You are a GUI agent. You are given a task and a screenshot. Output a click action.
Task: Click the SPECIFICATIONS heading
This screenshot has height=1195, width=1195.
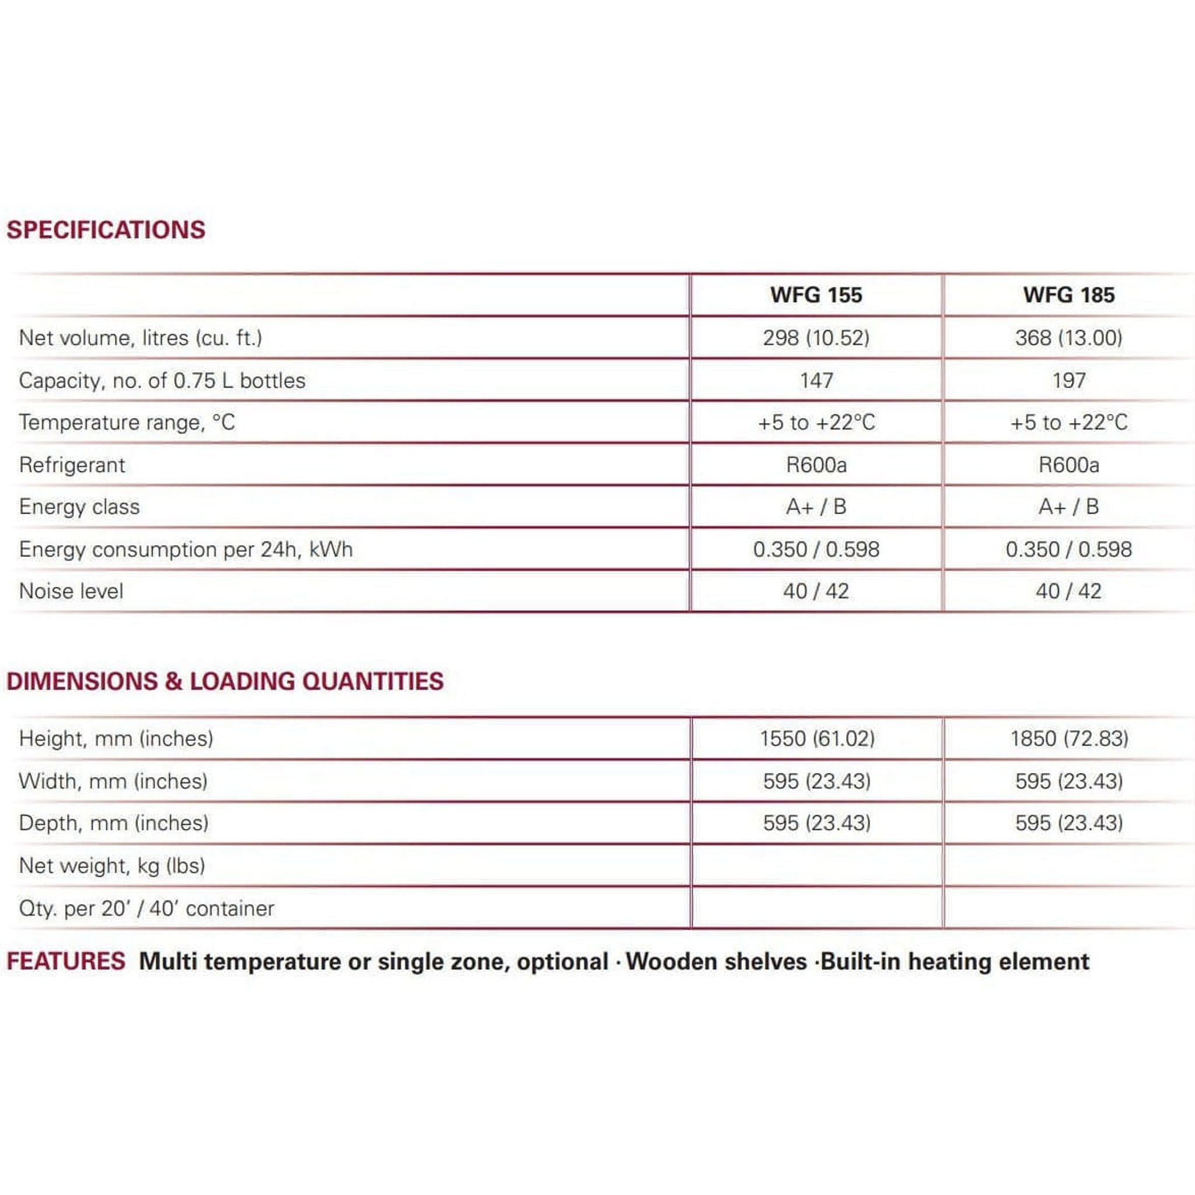[x=106, y=230]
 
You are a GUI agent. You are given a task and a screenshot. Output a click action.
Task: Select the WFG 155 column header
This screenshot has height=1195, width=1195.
[x=816, y=295]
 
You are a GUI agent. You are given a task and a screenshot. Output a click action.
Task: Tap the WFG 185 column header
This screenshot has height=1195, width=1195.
[x=1068, y=295]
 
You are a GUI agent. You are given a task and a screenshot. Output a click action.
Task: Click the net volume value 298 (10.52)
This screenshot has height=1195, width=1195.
[x=816, y=338]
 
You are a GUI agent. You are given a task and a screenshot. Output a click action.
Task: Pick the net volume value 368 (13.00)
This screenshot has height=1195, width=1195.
[x=1068, y=338]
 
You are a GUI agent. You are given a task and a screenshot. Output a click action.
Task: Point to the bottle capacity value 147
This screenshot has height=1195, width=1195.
[x=816, y=380]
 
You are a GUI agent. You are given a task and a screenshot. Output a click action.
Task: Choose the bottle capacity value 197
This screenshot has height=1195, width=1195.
[x=1068, y=380]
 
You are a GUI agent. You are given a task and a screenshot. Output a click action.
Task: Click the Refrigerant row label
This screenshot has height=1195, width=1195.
[x=72, y=465]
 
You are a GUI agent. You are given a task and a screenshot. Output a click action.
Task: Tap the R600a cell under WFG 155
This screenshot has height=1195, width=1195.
[x=816, y=465]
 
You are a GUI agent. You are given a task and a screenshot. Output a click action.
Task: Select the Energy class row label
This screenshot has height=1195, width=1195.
[x=79, y=507]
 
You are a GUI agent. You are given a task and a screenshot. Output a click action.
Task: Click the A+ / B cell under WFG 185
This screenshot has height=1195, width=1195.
[x=1068, y=507]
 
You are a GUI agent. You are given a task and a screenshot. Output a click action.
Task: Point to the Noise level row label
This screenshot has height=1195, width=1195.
[x=71, y=591]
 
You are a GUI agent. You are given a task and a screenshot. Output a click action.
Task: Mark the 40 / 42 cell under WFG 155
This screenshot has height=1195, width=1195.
[x=816, y=591]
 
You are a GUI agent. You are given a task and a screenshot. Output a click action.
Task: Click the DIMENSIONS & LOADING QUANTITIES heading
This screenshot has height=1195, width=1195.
[x=225, y=682]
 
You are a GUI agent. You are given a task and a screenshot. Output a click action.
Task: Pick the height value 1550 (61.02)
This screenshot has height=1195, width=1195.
[x=817, y=739]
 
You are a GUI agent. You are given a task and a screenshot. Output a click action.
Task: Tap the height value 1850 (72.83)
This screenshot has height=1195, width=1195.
[x=1069, y=739]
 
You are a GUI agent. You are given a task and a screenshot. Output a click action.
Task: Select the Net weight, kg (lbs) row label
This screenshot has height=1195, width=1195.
[x=112, y=866]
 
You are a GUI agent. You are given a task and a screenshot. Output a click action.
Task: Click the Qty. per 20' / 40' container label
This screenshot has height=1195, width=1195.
[x=146, y=909]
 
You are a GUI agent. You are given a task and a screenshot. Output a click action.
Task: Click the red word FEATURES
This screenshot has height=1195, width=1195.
[x=66, y=962]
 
